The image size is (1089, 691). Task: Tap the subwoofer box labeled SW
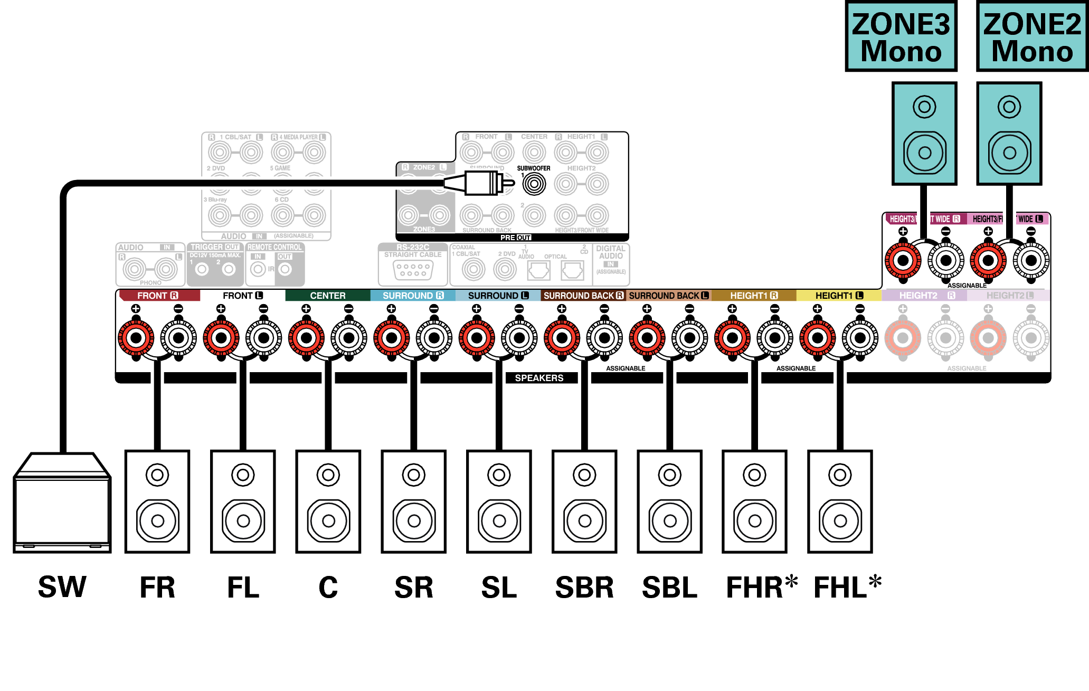[62, 504]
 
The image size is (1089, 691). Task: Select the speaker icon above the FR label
[157, 501]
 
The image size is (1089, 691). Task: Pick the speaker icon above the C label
[328, 501]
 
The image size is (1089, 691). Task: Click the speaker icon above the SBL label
[669, 501]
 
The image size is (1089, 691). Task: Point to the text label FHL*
[847, 587]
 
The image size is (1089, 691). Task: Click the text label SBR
[584, 588]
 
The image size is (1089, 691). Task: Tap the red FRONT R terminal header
[158, 296]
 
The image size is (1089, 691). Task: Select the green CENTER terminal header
[327, 296]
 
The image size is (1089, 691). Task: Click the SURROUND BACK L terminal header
[668, 296]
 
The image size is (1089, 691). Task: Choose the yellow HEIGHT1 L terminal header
[839, 296]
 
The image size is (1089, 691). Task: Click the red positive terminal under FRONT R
[136, 338]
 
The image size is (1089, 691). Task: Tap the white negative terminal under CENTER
[349, 338]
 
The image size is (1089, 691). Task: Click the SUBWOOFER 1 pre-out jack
[534, 184]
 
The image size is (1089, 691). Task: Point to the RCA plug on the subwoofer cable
[480, 183]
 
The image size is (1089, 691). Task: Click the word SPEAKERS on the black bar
[539, 378]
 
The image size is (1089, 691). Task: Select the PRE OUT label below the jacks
[515, 238]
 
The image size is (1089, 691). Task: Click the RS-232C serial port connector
[413, 270]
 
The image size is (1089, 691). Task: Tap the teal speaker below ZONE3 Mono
[924, 134]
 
